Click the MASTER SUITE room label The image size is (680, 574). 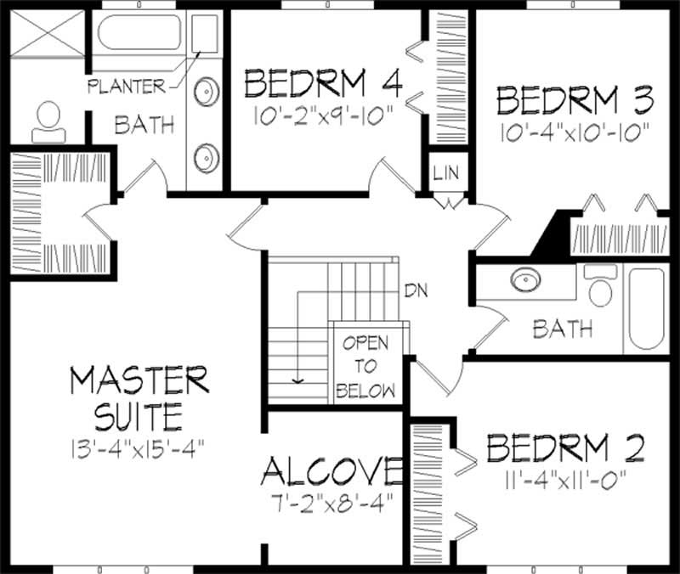(139, 397)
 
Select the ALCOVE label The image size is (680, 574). (331, 470)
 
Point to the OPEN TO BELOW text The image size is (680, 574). (365, 367)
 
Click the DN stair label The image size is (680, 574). (415, 291)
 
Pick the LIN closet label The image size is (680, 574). (445, 173)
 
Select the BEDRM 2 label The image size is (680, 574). (565, 447)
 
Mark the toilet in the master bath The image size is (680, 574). (48, 123)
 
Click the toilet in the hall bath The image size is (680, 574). (601, 287)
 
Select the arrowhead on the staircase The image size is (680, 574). (297, 379)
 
